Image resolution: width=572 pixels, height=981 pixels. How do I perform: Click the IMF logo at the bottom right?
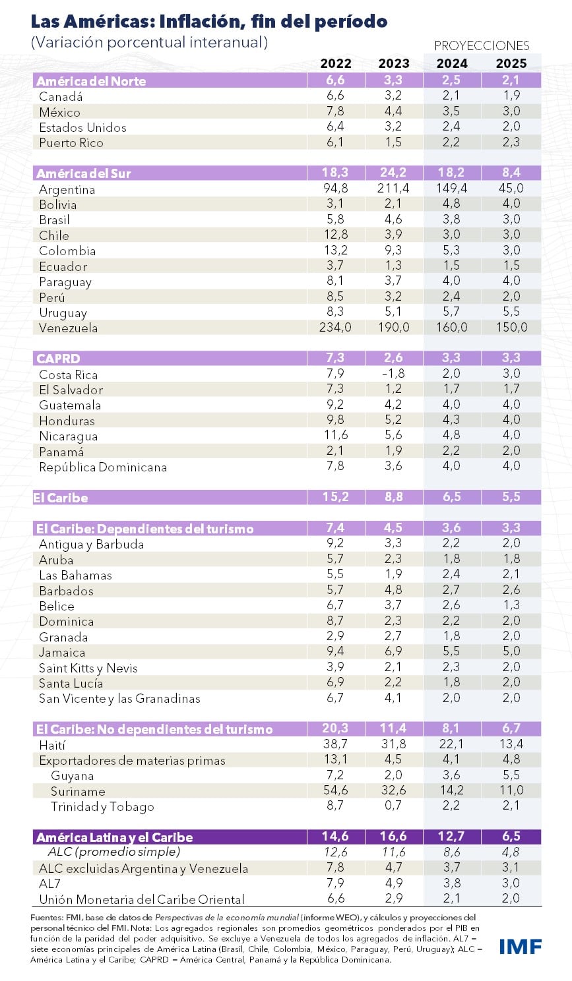pyautogui.click(x=520, y=946)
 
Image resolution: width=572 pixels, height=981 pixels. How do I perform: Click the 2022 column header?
pyautogui.click(x=336, y=63)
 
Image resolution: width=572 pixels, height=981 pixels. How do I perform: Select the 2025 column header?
pyautogui.click(x=511, y=63)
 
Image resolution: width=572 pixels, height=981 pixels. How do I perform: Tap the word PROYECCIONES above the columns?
pyautogui.click(x=482, y=45)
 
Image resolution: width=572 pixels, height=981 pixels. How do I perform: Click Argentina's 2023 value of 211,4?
pyautogui.click(x=393, y=189)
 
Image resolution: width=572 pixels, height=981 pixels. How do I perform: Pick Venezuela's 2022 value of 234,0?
pyautogui.click(x=335, y=327)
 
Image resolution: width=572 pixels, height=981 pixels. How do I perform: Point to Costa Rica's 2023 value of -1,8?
pyautogui.click(x=393, y=374)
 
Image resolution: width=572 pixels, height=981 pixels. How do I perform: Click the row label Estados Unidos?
pyautogui.click(x=82, y=127)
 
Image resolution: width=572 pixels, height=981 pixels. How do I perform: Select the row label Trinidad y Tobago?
pyautogui.click(x=102, y=806)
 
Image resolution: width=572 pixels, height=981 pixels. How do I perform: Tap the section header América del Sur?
pyautogui.click(x=84, y=173)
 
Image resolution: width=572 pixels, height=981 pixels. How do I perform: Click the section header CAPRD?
pyautogui.click(x=58, y=359)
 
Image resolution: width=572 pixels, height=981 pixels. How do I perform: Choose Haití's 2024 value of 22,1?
pyautogui.click(x=451, y=744)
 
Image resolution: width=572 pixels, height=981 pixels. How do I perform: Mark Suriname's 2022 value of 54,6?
pyautogui.click(x=335, y=790)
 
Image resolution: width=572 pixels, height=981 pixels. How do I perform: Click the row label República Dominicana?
pyautogui.click(x=103, y=467)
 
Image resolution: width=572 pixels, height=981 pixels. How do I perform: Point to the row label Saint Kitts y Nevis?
pyautogui.click(x=88, y=668)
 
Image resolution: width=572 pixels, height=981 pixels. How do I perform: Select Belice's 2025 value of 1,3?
pyautogui.click(x=511, y=605)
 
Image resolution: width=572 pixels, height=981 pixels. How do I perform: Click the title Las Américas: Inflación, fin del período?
pyautogui.click(x=209, y=21)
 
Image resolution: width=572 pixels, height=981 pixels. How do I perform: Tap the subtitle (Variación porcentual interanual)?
pyautogui.click(x=149, y=43)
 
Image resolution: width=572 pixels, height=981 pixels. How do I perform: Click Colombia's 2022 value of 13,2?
pyautogui.click(x=335, y=251)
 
